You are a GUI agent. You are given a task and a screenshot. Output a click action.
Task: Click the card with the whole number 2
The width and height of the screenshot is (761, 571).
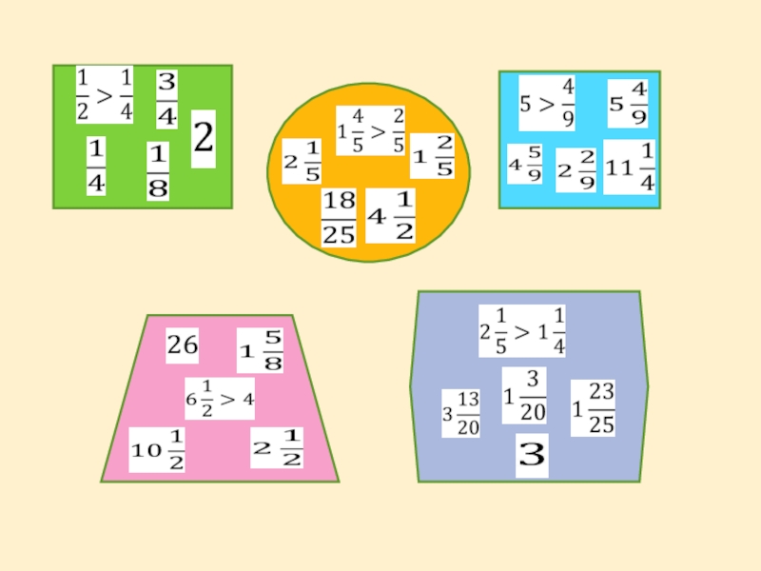[204, 139]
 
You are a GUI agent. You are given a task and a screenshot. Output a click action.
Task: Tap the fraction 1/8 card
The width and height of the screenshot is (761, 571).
[158, 171]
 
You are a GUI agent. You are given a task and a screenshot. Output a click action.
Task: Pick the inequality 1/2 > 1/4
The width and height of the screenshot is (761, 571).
[105, 94]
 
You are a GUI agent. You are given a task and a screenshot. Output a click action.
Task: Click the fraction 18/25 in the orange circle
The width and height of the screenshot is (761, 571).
[339, 218]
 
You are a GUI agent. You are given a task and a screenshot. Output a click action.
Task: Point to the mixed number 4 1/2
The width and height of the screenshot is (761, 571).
[391, 216]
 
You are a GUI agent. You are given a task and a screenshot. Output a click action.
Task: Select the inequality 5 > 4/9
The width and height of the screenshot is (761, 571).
[548, 103]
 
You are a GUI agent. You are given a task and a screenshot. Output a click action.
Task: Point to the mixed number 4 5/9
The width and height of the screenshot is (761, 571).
[524, 167]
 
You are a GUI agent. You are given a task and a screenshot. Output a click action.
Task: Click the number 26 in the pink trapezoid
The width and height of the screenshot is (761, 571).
[183, 346]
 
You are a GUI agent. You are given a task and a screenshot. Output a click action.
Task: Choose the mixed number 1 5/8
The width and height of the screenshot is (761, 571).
[261, 350]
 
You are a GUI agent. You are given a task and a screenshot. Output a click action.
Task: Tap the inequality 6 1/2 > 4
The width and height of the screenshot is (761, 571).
[219, 399]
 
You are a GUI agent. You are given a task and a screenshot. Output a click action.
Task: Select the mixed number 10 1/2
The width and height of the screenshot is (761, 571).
[158, 450]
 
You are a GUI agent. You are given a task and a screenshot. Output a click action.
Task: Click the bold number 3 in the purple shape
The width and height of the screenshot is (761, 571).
[532, 458]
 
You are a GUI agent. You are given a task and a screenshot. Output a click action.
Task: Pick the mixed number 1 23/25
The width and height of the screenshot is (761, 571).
[593, 408]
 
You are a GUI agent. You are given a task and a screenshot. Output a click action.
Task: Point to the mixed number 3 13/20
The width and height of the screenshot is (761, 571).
[460, 412]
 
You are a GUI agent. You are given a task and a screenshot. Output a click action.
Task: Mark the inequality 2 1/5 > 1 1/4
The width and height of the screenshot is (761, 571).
[522, 331]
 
